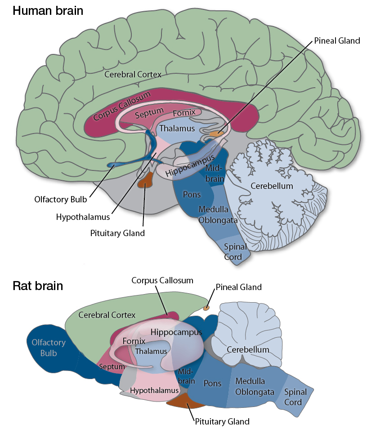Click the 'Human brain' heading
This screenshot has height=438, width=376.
coord(48,10)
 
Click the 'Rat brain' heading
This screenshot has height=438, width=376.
coord(37,286)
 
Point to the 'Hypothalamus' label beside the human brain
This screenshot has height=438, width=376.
coord(83,217)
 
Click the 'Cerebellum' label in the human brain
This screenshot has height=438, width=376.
coord(272,186)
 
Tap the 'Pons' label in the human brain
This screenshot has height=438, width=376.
coord(192,195)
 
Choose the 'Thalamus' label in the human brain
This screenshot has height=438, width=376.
coord(178,129)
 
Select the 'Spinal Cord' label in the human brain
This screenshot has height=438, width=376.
coord(235,252)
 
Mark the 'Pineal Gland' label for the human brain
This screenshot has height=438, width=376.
coord(338,40)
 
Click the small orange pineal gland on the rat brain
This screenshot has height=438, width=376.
coord(206,308)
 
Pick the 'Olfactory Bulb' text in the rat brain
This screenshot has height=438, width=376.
coord(48,347)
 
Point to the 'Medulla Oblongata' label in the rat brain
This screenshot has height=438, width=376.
coord(254,386)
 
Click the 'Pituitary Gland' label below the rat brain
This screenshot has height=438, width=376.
coord(222,421)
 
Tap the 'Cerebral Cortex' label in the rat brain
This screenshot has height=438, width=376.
coord(107,315)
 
